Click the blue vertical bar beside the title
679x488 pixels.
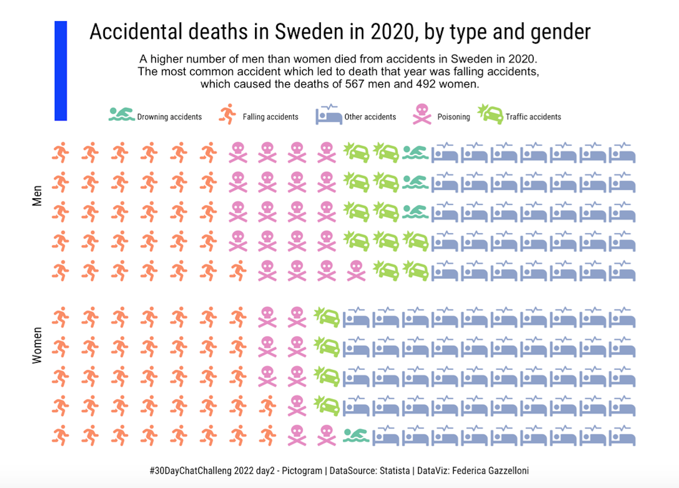pyautogui.click(x=60, y=71)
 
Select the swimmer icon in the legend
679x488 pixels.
pyautogui.click(x=121, y=115)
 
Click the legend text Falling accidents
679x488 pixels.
pyautogui.click(x=270, y=117)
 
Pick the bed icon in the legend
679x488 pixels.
pyautogui.click(x=328, y=115)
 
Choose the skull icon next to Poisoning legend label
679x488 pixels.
pyautogui.click(x=422, y=115)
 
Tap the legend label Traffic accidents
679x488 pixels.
pyautogui.click(x=533, y=117)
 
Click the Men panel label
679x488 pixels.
pyautogui.click(x=37, y=196)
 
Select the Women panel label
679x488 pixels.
pyautogui.click(x=37, y=345)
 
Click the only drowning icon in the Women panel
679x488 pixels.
pyautogui.click(x=356, y=436)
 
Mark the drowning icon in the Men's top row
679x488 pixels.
pyautogui.click(x=415, y=153)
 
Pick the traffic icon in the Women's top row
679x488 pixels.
pyautogui.click(x=326, y=317)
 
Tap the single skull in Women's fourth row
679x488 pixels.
pyautogui.click(x=297, y=406)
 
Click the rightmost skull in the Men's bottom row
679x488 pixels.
pyautogui.click(x=356, y=271)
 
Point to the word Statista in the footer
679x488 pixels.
pyautogui.click(x=395, y=471)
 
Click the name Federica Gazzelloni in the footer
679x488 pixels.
pyautogui.click(x=490, y=471)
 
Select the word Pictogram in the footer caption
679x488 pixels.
pyautogui.click(x=302, y=471)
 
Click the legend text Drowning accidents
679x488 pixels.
pyautogui.click(x=169, y=117)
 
